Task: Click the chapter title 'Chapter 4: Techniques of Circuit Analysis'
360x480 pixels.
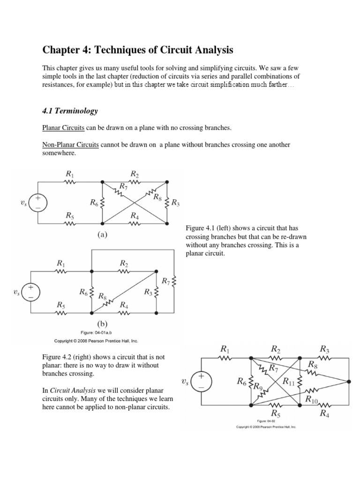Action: pyautogui.click(x=137, y=50)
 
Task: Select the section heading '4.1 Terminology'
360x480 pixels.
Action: pyautogui.click(x=70, y=111)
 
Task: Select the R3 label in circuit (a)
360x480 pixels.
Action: pyautogui.click(x=176, y=203)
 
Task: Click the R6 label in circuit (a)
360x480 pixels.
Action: pyautogui.click(x=94, y=203)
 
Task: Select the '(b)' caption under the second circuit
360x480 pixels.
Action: pyautogui.click(x=102, y=324)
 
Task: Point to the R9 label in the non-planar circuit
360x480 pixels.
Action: pyautogui.click(x=258, y=387)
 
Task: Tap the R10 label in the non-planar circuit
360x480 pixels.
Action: pyautogui.click(x=312, y=399)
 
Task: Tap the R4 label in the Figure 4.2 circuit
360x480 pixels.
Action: pyautogui.click(x=324, y=412)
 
